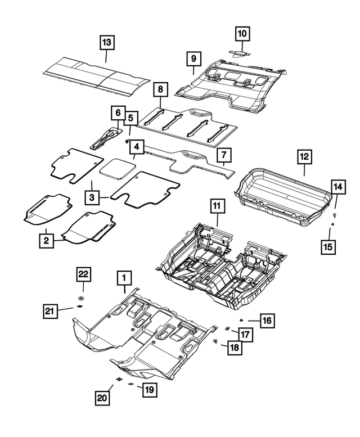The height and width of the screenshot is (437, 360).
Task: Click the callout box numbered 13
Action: (x=107, y=42)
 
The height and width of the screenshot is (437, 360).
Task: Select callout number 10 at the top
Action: (x=242, y=34)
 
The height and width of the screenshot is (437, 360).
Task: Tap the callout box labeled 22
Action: (x=83, y=274)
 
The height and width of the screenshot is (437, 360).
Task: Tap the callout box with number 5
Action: (x=130, y=118)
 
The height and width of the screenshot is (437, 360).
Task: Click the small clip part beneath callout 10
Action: (x=242, y=52)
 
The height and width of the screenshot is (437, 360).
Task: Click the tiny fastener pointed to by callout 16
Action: (x=240, y=321)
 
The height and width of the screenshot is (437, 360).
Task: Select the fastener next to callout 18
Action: (x=216, y=341)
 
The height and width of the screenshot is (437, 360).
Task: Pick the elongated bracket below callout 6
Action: (x=105, y=138)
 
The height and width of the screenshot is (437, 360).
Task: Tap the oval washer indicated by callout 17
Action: (x=227, y=328)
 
